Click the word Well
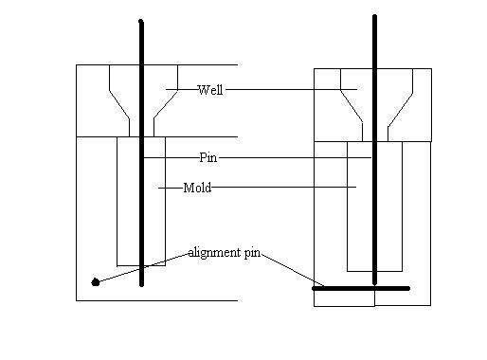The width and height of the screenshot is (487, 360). click(210, 90)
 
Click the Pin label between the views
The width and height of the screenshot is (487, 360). click(208, 157)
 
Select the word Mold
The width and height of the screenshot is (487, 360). click(197, 188)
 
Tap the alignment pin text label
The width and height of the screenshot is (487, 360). click(225, 253)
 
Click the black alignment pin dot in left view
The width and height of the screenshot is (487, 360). click(96, 282)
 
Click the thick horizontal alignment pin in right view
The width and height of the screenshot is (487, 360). click(361, 288)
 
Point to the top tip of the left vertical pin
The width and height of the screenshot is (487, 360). click(141, 21)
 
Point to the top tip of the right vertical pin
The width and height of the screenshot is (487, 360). click(374, 16)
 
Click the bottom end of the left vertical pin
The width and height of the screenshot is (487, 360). click(141, 285)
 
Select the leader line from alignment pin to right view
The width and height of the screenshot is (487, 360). click(293, 270)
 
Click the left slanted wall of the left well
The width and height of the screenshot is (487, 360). click(119, 104)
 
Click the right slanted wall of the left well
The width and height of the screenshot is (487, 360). click(166, 104)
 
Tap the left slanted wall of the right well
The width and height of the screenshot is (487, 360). click(352, 106)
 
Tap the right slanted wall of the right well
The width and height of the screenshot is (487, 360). click(400, 110)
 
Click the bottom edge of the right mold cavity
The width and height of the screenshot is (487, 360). click(374, 271)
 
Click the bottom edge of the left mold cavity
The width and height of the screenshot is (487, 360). click(141, 266)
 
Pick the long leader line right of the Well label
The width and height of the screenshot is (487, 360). click(291, 90)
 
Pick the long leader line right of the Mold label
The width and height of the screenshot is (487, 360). click(284, 187)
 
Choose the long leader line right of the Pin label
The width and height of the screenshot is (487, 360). click(295, 157)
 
